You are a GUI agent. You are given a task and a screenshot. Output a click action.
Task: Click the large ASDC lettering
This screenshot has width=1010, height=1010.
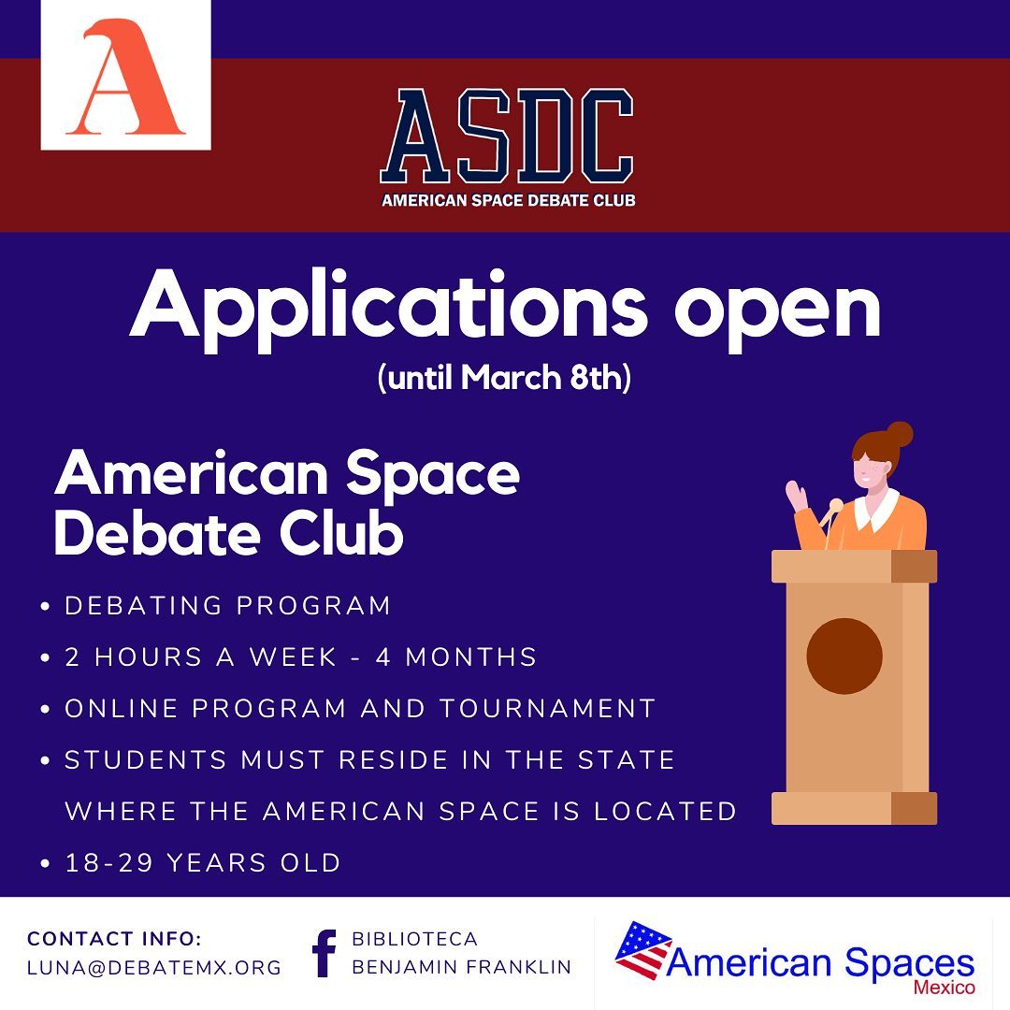point(507,136)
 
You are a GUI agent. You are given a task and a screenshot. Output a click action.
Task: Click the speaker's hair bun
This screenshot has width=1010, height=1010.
point(900,434)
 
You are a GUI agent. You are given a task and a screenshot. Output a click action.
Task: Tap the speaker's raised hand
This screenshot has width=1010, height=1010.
point(797,496)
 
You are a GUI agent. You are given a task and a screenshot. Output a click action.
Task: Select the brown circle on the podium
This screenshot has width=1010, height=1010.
point(844,656)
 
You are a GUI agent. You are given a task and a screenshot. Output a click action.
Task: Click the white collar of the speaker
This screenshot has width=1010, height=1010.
point(876,510)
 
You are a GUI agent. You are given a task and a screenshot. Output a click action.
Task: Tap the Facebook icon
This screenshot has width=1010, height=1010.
point(324,953)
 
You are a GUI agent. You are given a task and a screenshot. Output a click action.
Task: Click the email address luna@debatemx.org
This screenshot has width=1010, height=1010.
point(154,968)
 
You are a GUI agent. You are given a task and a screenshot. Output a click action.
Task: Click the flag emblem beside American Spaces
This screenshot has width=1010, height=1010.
point(642,950)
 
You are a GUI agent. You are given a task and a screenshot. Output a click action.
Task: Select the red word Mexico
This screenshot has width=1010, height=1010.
point(944,987)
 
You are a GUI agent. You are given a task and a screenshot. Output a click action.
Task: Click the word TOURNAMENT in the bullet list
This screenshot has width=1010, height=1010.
point(547,709)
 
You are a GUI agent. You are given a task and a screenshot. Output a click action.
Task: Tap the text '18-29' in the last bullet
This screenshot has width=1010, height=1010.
point(108,863)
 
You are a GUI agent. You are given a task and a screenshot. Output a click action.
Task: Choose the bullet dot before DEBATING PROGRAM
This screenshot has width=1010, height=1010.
point(45,606)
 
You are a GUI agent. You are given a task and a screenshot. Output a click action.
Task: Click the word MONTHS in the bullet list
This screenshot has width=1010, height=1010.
point(471,657)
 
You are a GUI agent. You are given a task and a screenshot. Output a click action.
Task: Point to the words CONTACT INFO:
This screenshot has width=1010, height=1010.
point(115,939)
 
